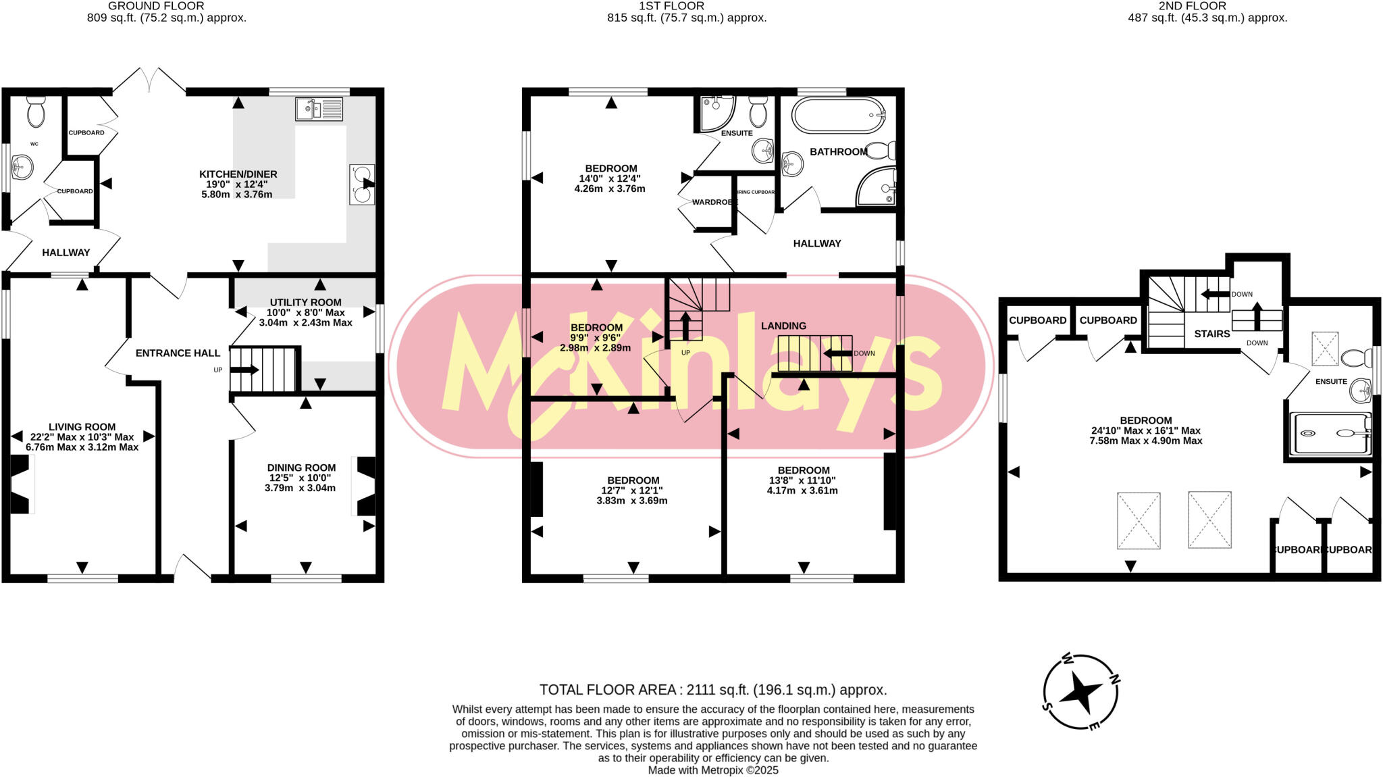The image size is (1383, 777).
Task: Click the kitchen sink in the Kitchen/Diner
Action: (x=319, y=109)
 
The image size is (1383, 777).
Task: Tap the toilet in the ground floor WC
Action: (x=36, y=111)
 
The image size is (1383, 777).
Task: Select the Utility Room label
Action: (x=305, y=302)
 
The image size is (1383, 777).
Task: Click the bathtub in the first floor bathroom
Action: (x=838, y=116)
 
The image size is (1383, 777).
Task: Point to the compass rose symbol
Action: (x=1080, y=692)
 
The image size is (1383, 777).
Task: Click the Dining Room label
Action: (x=301, y=468)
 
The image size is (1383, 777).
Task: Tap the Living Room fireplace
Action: (x=20, y=484)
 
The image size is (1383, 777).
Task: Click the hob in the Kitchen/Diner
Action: (x=362, y=184)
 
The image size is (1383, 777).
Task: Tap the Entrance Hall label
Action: (x=178, y=353)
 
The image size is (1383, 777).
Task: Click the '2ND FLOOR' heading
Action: (x=1207, y=6)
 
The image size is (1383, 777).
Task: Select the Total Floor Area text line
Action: (x=712, y=690)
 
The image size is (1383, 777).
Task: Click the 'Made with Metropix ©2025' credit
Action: (x=713, y=770)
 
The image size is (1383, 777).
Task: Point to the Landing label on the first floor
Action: (x=783, y=326)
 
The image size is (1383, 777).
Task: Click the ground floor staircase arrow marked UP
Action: (x=244, y=370)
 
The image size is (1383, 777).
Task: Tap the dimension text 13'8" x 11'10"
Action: (x=802, y=480)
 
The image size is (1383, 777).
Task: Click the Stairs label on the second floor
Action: (x=1211, y=334)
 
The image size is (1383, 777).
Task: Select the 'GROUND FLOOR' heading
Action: (x=156, y=6)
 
